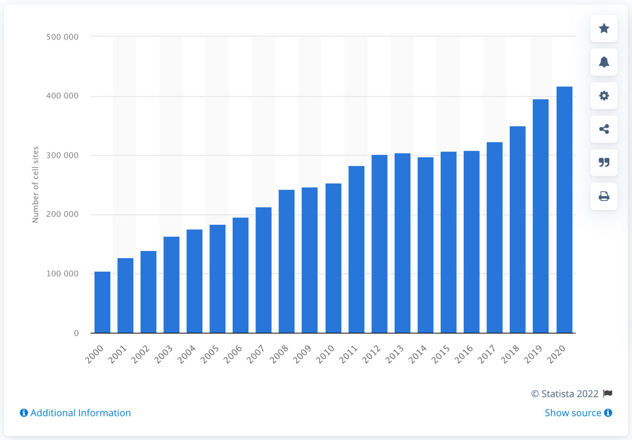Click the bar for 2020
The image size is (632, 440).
pyautogui.click(x=564, y=210)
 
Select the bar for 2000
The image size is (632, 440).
pyautogui.click(x=102, y=302)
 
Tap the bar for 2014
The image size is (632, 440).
pyautogui.click(x=425, y=245)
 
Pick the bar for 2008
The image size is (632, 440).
pyautogui.click(x=286, y=261)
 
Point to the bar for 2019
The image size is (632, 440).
pyautogui.click(x=541, y=216)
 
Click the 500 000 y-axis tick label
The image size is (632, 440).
pyautogui.click(x=62, y=37)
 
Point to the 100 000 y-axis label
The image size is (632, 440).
pyautogui.click(x=62, y=274)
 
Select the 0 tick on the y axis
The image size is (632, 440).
pyautogui.click(x=76, y=333)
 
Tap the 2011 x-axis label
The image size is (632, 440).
pyautogui.click(x=348, y=354)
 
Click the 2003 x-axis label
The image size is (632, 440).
pyautogui.click(x=163, y=354)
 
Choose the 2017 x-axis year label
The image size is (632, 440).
pyautogui.click(x=487, y=354)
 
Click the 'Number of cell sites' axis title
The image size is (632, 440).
pyautogui.click(x=35, y=184)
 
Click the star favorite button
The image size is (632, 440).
pyautogui.click(x=604, y=28)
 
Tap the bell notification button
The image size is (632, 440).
pyautogui.click(x=604, y=62)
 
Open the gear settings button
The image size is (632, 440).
pyautogui.click(x=604, y=96)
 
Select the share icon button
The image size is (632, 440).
pyautogui.click(x=604, y=129)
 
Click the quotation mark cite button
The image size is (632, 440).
pyautogui.click(x=604, y=163)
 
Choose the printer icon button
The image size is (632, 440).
pyautogui.click(x=604, y=196)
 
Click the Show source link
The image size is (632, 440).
pyautogui.click(x=573, y=413)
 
